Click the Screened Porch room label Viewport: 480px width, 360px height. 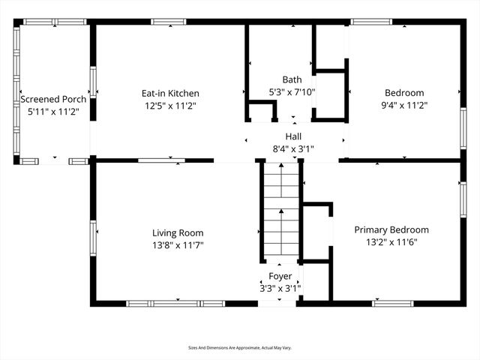pyautogui.click(x=53, y=99)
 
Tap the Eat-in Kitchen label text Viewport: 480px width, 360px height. pyautogui.click(x=170, y=94)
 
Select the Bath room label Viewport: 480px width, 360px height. pyautogui.click(x=292, y=79)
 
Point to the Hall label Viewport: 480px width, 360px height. pyautogui.click(x=292, y=136)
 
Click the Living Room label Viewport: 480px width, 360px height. pyautogui.click(x=178, y=232)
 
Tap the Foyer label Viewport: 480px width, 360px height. pyautogui.click(x=281, y=276)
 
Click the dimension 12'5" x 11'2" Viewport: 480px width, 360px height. pyautogui.click(x=170, y=106)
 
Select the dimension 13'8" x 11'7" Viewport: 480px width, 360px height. pyautogui.click(x=178, y=245)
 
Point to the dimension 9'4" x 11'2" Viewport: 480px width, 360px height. pyautogui.click(x=404, y=106)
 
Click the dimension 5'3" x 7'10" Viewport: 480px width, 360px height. pyautogui.click(x=292, y=92)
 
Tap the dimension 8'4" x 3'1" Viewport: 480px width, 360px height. pyautogui.click(x=292, y=148)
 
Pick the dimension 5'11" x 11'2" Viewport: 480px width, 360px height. pyautogui.click(x=53, y=111)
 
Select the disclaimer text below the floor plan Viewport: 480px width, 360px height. pyautogui.click(x=239, y=348)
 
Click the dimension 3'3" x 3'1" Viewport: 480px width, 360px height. pyautogui.click(x=281, y=288)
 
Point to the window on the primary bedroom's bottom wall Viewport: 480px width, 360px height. pyautogui.click(x=392, y=303)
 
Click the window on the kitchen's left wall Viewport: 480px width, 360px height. pyautogui.click(x=93, y=83)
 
